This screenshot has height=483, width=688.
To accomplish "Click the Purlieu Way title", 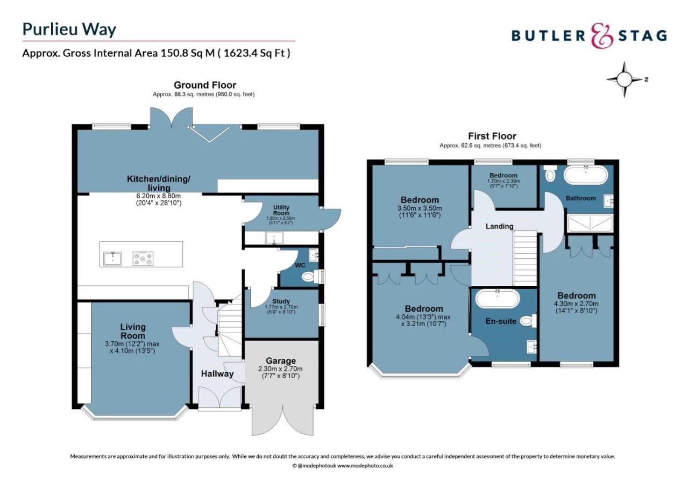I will pyautogui.click(x=69, y=29).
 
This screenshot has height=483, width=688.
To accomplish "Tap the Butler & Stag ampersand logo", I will pyautogui.click(x=601, y=35).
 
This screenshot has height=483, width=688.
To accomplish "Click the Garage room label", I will pyautogui.click(x=280, y=361).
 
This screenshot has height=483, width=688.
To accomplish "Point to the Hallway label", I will pyautogui.click(x=217, y=374).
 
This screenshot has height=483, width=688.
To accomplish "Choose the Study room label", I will pyautogui.click(x=281, y=301).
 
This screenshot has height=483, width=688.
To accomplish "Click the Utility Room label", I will pyautogui.click(x=281, y=209).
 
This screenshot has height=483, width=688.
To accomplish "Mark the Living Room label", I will pyautogui.click(x=133, y=331).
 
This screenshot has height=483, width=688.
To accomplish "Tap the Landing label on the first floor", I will pyautogui.click(x=499, y=226).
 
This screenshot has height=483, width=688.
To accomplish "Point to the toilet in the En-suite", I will pyautogui.click(x=527, y=321).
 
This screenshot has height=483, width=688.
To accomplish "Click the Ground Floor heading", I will pyautogui.click(x=204, y=85).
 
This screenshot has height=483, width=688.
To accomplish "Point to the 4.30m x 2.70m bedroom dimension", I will pyautogui.click(x=576, y=304).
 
